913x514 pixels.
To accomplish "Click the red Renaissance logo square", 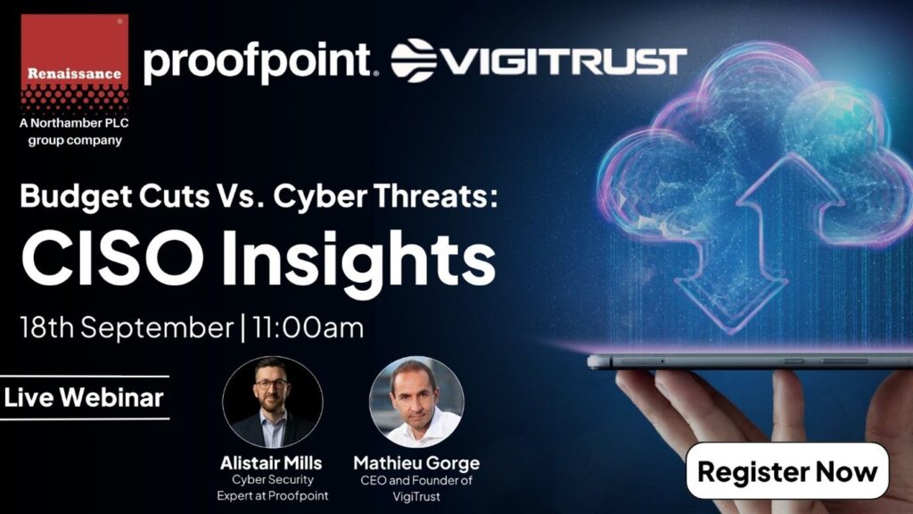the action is pos(75,62).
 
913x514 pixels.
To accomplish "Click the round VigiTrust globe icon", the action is pos(414,60).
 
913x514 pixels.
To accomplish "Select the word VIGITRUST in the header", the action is pos(563,62).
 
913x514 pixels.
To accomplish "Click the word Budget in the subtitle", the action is pos(77,197).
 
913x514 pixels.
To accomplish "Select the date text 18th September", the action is pos(127,327).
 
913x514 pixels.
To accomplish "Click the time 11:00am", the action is pos(308,327).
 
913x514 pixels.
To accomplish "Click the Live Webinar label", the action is pos(84,397).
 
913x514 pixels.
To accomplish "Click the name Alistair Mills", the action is pos(271,463).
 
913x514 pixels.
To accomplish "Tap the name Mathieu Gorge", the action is pos(417,463).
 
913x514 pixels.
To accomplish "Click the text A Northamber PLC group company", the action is pos(75,132).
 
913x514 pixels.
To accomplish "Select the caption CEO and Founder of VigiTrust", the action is pos(416,488).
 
